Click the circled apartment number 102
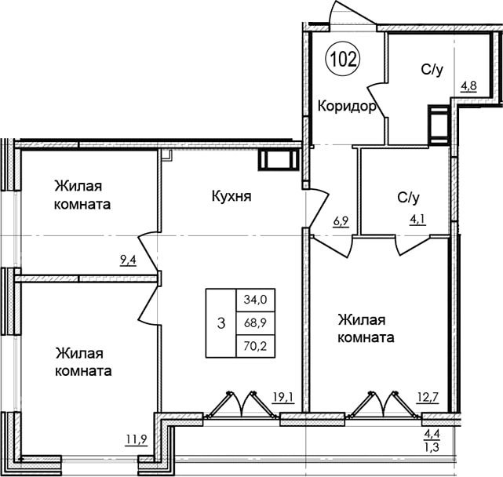[x=343, y=59]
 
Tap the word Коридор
[x=347, y=106]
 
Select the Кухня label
[x=231, y=195]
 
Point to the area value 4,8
[x=468, y=86]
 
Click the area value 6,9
[x=341, y=222]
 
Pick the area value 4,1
[x=417, y=220]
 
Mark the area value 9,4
[x=128, y=260]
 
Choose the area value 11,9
[x=137, y=440]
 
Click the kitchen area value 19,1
[x=283, y=398]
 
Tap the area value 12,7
[x=428, y=398]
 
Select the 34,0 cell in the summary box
[x=255, y=300]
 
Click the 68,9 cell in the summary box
[x=255, y=323]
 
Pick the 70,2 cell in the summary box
[x=255, y=346]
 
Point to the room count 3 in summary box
[x=221, y=323]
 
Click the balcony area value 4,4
[x=432, y=435]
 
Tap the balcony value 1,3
[x=432, y=447]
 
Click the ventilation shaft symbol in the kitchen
[x=279, y=160]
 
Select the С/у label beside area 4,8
[x=432, y=70]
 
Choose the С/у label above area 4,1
[x=408, y=198]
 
